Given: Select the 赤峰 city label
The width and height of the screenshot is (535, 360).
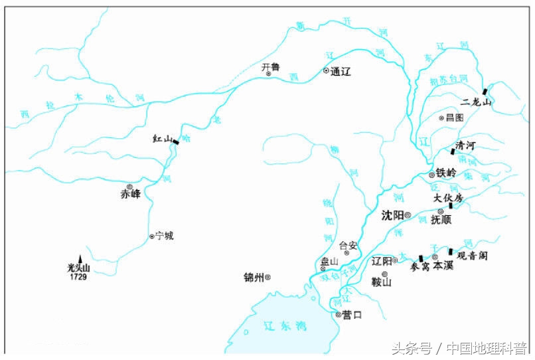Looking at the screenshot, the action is [131, 195].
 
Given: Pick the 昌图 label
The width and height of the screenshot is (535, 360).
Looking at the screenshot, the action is [455, 118].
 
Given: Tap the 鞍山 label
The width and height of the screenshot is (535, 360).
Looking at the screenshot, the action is [382, 282].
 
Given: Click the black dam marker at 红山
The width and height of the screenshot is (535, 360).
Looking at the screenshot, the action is [176, 141].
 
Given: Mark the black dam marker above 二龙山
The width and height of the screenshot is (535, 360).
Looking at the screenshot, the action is [486, 90].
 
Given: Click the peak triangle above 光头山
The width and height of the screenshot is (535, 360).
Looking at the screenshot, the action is [80, 258].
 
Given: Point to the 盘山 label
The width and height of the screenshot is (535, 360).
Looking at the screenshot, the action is [329, 261].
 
